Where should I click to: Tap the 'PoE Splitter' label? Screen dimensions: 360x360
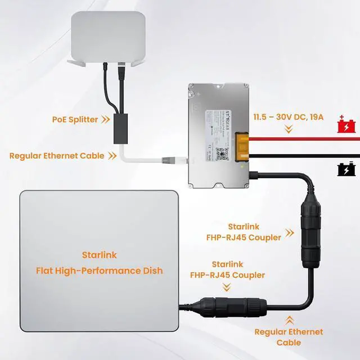tap(75, 119)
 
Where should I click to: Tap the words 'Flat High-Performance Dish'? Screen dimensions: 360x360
tap(100, 271)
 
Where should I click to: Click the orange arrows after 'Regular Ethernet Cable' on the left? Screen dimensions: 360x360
tap(113, 155)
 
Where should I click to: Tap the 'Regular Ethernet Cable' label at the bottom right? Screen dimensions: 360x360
tap(289, 337)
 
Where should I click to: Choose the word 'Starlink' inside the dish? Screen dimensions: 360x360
tap(100, 255)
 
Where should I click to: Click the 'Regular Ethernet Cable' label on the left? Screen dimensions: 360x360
tap(57, 155)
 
